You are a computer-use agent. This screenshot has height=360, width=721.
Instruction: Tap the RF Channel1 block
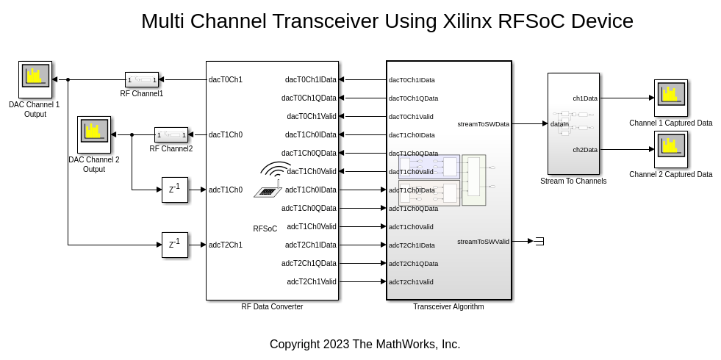tap(142, 79)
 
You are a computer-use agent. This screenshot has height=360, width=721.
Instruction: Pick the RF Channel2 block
tap(171, 134)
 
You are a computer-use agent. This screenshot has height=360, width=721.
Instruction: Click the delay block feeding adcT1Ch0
tap(175, 190)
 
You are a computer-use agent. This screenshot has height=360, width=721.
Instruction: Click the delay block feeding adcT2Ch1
tap(175, 245)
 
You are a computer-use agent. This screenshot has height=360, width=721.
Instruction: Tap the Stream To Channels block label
tap(573, 181)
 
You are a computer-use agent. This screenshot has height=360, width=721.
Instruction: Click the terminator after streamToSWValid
tap(539, 241)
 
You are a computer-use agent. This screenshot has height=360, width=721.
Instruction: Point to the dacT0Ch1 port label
tap(225, 79)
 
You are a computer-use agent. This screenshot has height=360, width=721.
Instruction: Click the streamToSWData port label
tap(483, 124)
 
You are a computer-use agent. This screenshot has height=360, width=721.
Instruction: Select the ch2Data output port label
tap(585, 149)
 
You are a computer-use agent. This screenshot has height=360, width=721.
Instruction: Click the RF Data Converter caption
tap(272, 306)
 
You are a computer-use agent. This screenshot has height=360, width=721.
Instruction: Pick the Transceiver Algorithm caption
tap(448, 306)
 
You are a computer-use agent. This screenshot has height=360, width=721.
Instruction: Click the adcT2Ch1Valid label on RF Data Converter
tap(312, 281)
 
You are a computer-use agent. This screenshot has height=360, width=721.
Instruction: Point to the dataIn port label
tap(559, 124)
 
